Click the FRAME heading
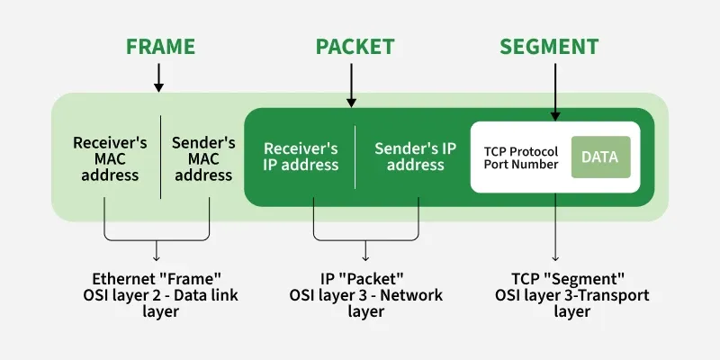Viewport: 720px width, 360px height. click(x=159, y=47)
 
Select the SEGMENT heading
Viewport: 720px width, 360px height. click(x=548, y=47)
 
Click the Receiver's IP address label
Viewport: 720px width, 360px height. click(x=301, y=157)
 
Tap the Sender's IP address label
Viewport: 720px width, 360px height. click(x=409, y=157)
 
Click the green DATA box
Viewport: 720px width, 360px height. click(x=599, y=157)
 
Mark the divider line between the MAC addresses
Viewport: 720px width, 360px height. click(x=161, y=157)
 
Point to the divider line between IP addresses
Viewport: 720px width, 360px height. click(x=355, y=157)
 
